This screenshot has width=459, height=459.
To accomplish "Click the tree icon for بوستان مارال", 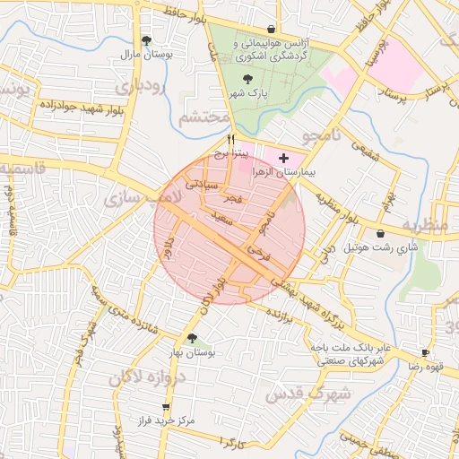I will pyautogui.click(x=147, y=40).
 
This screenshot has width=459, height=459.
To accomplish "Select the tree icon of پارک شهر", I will pyautogui.click(x=247, y=80).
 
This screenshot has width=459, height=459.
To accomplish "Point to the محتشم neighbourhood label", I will pyautogui.click(x=202, y=117).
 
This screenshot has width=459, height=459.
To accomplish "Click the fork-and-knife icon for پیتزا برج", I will pyautogui.click(x=231, y=140).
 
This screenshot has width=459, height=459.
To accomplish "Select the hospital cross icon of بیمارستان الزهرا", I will pyautogui.click(x=284, y=157).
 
